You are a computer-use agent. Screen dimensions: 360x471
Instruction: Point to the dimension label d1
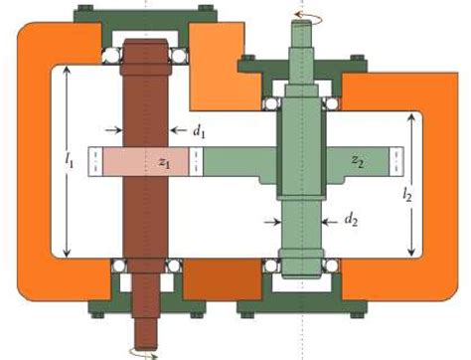(x=200, y=129)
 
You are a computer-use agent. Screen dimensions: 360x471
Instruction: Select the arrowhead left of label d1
(x=114, y=128)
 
